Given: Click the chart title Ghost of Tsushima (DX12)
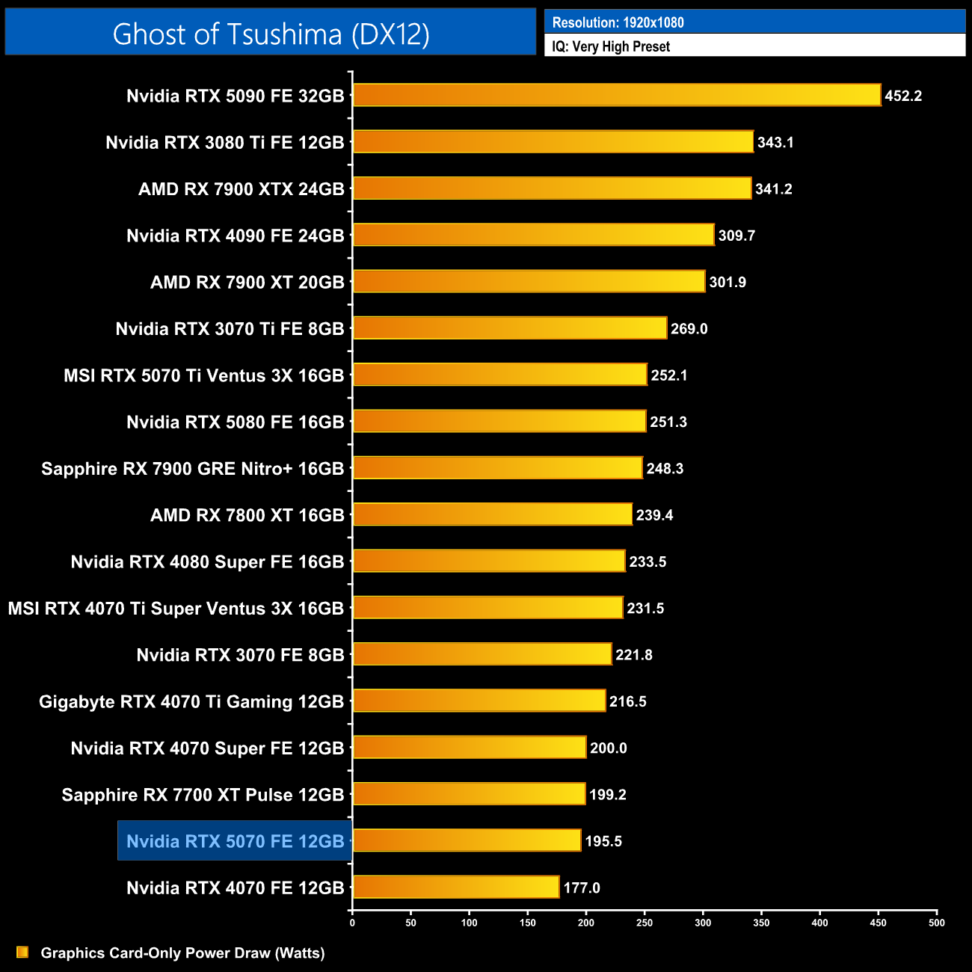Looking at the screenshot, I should click(271, 34).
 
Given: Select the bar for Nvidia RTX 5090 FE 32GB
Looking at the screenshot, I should click(617, 95).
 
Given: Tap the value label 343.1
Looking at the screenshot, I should click(775, 142).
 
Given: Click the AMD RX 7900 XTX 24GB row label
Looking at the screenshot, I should click(241, 189).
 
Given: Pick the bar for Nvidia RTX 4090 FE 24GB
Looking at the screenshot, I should click(533, 235).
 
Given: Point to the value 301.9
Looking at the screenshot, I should click(728, 282).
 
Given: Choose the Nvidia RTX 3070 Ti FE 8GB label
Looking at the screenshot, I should click(230, 329).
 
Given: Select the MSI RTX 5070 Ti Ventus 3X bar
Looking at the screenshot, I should click(499, 375).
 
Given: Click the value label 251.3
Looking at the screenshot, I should click(668, 422).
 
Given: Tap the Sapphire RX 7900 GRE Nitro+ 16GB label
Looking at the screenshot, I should click(192, 469).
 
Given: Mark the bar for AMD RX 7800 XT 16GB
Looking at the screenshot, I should click(492, 514).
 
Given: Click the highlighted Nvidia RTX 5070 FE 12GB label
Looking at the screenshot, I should click(235, 841).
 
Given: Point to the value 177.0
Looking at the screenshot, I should click(582, 888).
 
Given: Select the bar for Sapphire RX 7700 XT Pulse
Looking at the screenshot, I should click(469, 794).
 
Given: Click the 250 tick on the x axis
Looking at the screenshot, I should click(645, 923).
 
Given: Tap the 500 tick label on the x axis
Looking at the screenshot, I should click(936, 923).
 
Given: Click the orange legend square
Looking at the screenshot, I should click(22, 952).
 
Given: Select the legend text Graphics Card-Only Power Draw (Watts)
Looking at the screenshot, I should click(182, 953).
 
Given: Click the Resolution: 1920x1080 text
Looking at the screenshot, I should click(618, 22).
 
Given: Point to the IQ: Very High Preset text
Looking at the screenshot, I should click(611, 46).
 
